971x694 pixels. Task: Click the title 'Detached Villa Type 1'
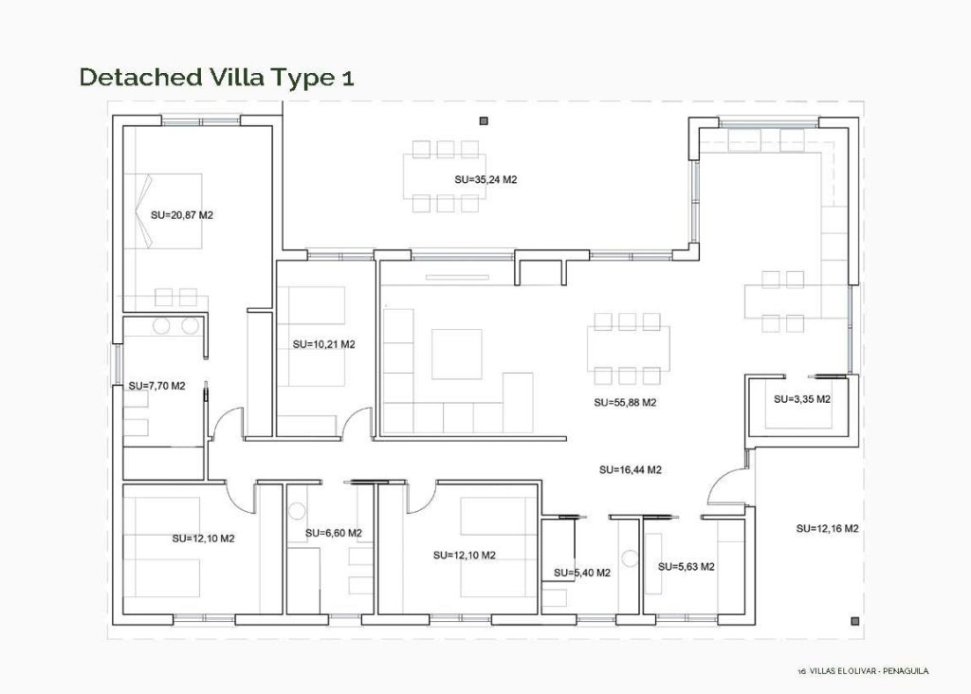point(217,77)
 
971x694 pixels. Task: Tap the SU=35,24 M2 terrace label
point(485,179)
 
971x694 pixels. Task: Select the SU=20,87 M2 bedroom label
point(182,215)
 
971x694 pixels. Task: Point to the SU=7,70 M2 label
point(156,386)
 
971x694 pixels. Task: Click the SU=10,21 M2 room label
point(323,344)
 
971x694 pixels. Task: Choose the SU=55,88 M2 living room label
point(625,403)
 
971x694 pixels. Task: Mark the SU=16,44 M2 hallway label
point(631,469)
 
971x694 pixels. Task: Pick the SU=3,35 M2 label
point(801,399)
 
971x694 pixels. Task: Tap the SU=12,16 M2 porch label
point(827,528)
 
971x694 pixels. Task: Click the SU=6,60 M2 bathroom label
point(334,533)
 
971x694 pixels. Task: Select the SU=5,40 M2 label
point(581,573)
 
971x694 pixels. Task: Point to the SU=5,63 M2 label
point(686,567)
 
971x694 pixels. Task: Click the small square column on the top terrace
point(483,120)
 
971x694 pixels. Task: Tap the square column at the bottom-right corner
point(855,621)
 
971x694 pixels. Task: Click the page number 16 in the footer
point(801,671)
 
